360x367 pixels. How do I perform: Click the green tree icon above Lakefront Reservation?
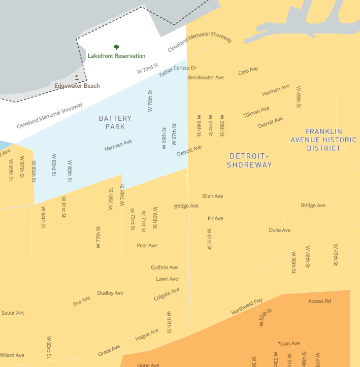pos(116,48)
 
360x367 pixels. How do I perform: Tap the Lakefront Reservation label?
pos(116,56)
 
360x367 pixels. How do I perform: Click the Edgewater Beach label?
pos(77,86)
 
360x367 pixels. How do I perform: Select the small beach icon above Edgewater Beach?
pos(77,78)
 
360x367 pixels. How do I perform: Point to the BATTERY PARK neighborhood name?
pos(115,122)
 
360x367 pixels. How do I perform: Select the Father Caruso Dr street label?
pos(177,71)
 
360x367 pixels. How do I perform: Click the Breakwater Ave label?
pos(206,78)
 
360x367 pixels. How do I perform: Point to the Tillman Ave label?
pos(256,112)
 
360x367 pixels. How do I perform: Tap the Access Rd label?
pos(319,301)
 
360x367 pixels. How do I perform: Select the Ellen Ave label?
pos(212,196)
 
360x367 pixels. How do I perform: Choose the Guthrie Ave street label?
pos(164,268)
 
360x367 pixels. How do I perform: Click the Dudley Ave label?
pos(110,293)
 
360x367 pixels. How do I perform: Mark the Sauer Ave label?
pos(13,313)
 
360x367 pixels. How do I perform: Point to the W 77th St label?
pos(99,237)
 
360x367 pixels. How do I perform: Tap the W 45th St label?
pos(336,255)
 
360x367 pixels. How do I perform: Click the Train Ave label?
pos(288,344)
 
